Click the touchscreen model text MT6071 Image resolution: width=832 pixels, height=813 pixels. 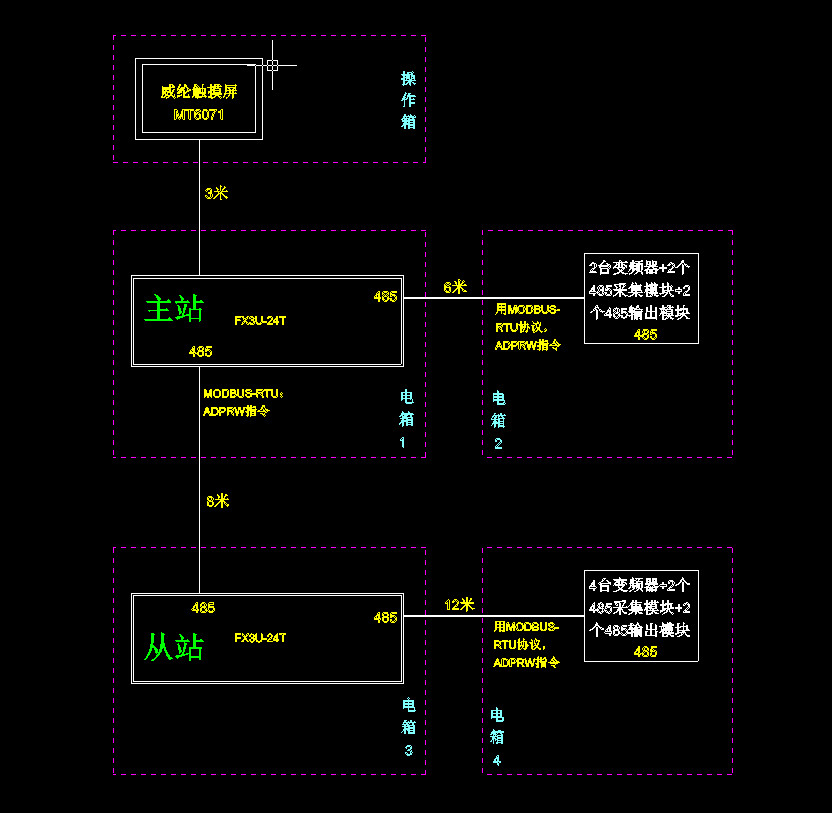pos(199,115)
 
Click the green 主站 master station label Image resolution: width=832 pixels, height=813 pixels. pos(174,308)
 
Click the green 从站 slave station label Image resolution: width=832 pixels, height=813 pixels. pos(174,647)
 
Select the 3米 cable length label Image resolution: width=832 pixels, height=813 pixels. pos(216,193)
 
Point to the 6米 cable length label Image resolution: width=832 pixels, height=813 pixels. pos(455,287)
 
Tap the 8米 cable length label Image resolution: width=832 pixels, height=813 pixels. pos(217,501)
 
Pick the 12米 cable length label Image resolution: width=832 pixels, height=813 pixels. pos(459,605)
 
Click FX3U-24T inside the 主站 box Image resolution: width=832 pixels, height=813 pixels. pos(260,321)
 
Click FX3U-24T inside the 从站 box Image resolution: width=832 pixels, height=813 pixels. pos(260,638)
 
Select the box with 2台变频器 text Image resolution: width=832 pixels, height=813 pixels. pos(641,298)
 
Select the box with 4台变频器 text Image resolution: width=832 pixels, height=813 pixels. pos(641,616)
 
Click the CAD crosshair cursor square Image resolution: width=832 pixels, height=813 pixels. pos(272,65)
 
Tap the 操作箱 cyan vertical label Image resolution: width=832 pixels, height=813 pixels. pos(408,100)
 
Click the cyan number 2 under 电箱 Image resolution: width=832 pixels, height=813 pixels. pos(498,444)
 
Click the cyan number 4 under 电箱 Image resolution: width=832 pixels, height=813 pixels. pos(497,761)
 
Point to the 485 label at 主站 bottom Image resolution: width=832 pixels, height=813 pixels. pos(200,351)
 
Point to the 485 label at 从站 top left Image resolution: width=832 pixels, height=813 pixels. pos(203,608)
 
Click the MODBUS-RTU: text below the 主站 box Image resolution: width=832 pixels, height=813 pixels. pos(244,394)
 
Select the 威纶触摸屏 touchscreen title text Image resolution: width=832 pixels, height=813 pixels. pos(199,92)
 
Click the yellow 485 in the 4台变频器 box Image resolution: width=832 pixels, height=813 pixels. pos(645,652)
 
